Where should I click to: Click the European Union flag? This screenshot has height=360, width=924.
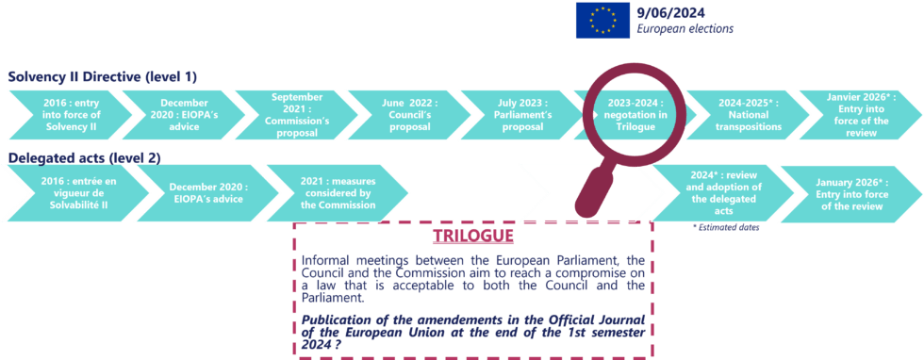tap(602, 20)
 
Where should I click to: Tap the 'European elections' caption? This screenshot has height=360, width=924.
tap(685, 29)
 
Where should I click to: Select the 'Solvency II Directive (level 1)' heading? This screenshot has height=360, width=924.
tap(102, 76)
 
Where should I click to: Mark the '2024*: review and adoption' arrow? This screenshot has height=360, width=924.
tap(709, 192)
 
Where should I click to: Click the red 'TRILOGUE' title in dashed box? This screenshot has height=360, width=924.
tap(473, 236)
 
